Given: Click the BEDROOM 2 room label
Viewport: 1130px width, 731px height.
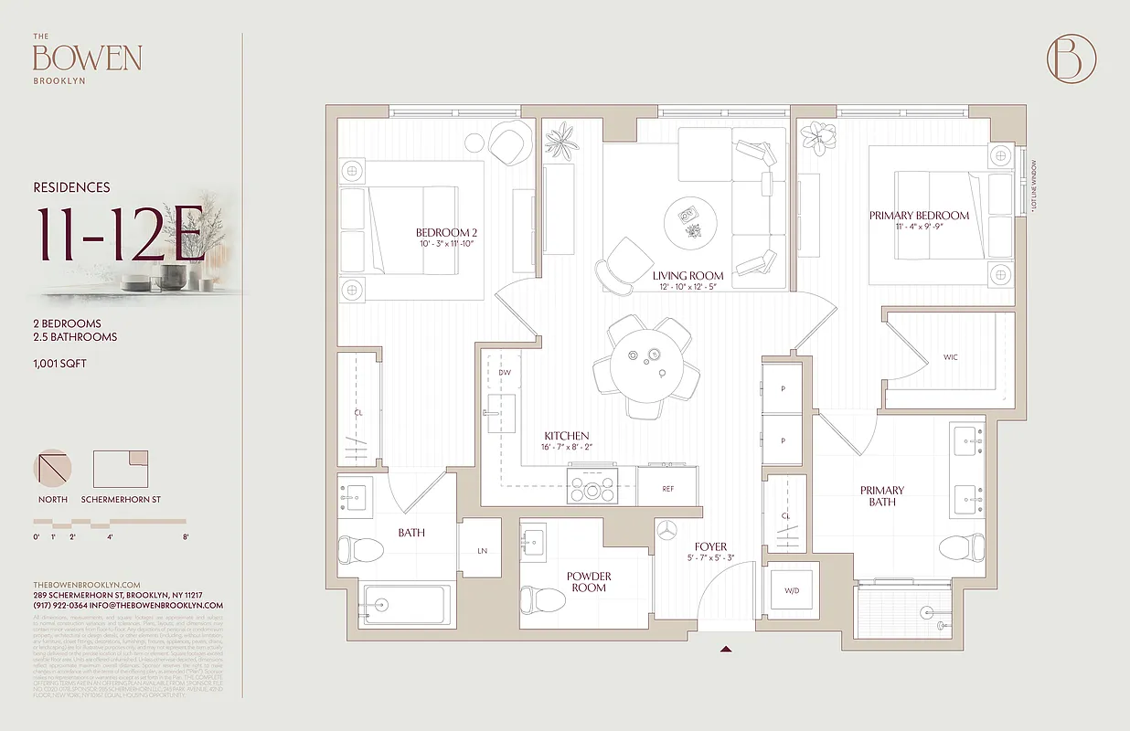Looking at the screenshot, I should coord(446,233).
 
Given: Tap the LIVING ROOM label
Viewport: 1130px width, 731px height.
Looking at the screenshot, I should coord(688,275).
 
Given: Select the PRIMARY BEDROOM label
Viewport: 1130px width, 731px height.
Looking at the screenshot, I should coord(919,216).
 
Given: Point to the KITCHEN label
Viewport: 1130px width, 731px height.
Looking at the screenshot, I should coord(566,436).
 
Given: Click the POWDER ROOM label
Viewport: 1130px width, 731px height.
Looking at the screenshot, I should coord(589,582).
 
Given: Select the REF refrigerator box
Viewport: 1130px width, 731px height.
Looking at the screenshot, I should coord(668,489).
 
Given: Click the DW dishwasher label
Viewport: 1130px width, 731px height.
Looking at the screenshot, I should coord(504,373).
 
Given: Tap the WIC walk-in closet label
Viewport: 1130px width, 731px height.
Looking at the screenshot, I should coord(951,357).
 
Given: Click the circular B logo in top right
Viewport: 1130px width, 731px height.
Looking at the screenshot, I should coord(1071,58).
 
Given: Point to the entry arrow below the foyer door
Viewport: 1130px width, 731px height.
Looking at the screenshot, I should coord(726,650).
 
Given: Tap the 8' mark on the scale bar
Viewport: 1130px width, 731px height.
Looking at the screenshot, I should coord(186,537).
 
